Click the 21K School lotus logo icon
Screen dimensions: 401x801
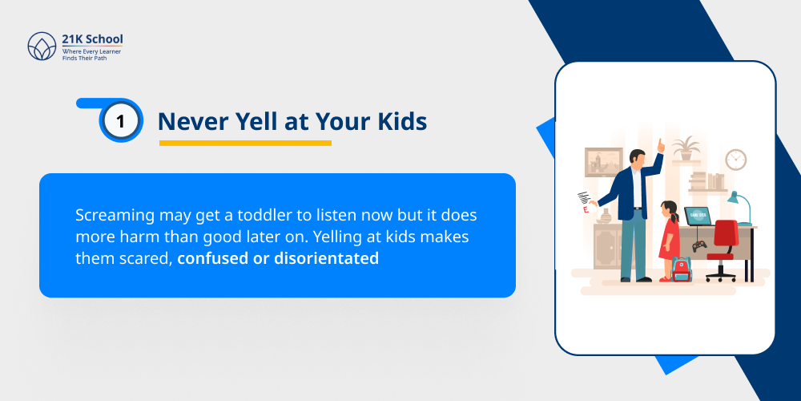[x=41, y=47]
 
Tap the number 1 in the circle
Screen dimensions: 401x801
[x=121, y=121]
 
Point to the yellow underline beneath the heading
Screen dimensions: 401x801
[x=245, y=144]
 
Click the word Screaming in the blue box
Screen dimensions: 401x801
[x=111, y=217]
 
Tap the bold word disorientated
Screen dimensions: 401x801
[x=326, y=258]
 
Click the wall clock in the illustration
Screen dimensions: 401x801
[x=735, y=159]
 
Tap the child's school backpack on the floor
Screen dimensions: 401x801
[x=681, y=269]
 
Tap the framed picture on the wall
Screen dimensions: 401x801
[x=603, y=162]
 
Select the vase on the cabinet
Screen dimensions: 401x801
[x=606, y=216]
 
